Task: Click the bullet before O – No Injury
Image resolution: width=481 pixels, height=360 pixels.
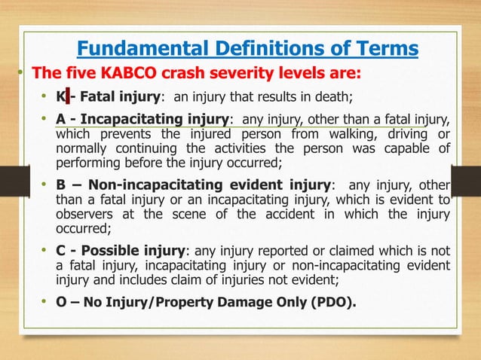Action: (x=44, y=304)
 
